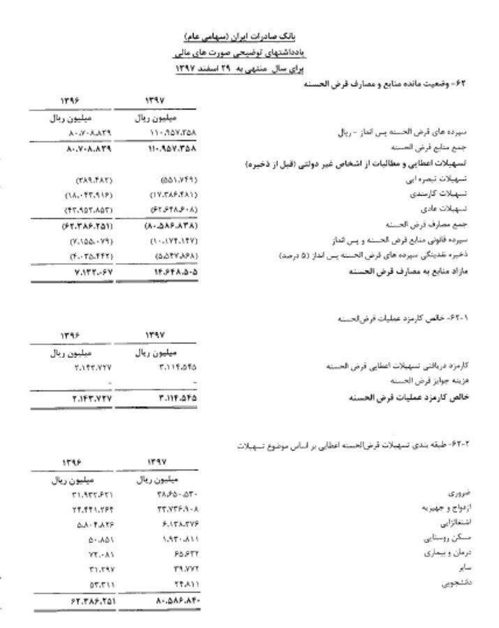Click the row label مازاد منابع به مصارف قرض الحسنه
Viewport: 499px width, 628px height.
coord(409,271)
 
